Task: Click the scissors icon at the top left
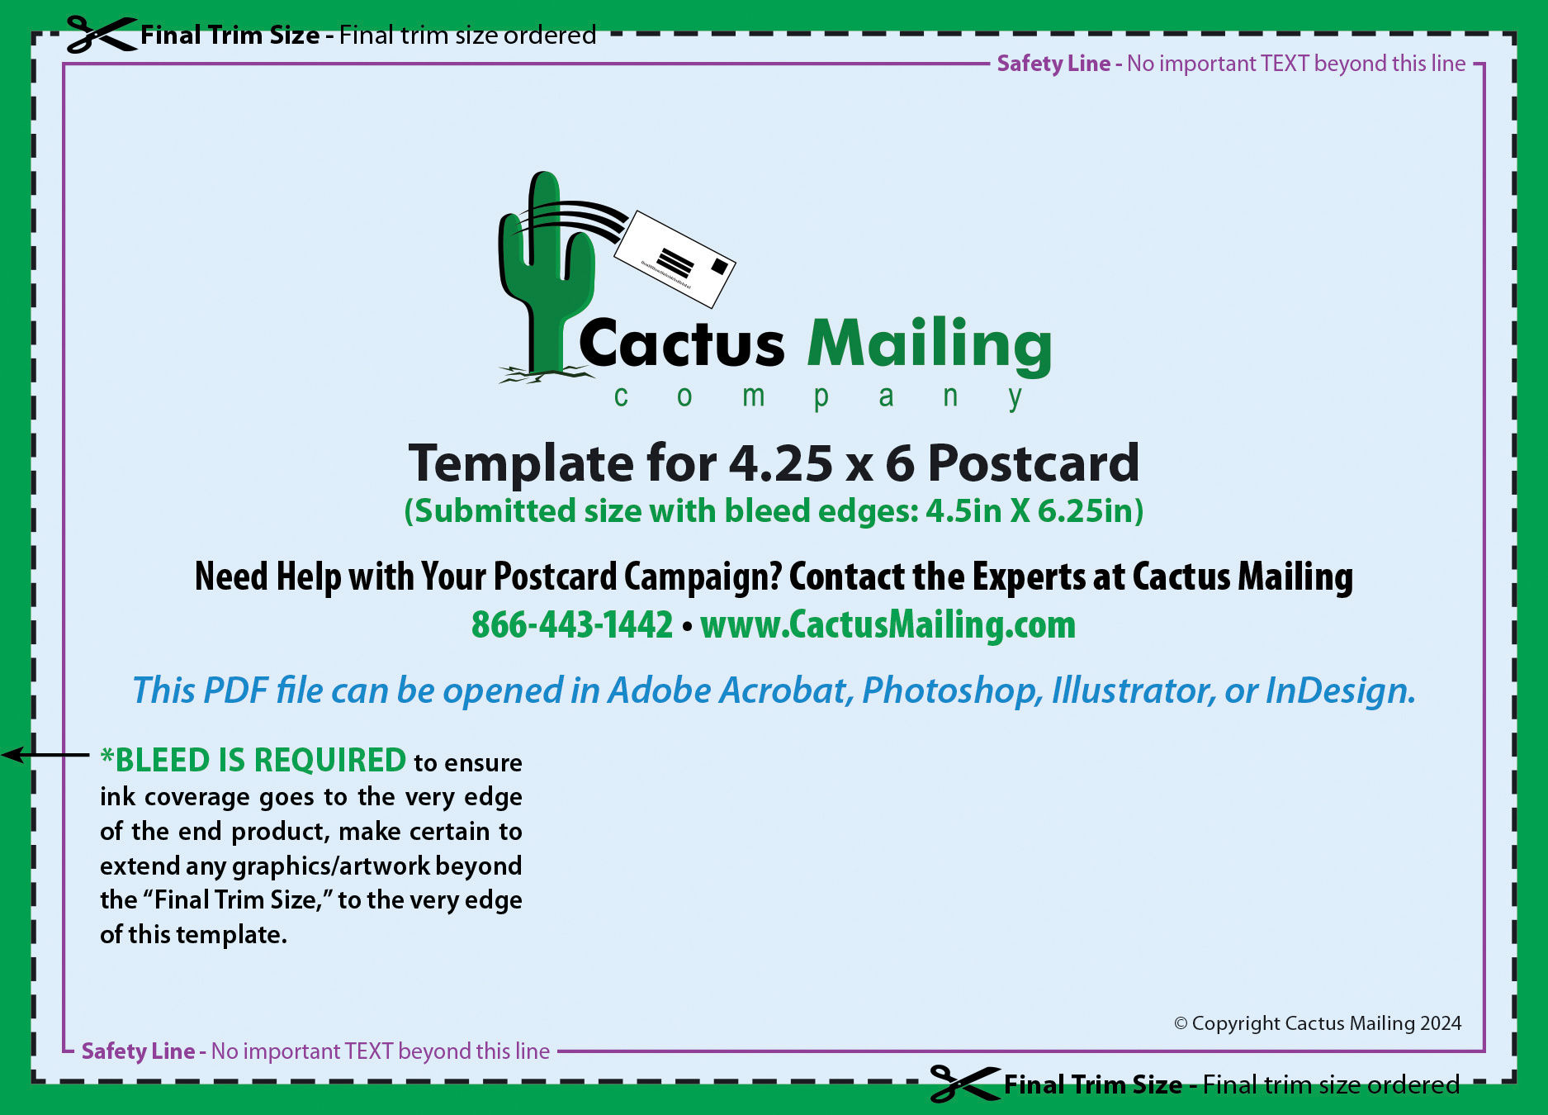pyautogui.click(x=102, y=35)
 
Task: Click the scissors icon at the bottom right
pyautogui.click(x=965, y=1084)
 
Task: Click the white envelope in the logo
pyautogui.click(x=675, y=259)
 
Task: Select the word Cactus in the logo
pyautogui.click(x=682, y=343)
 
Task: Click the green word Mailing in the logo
pyautogui.click(x=930, y=345)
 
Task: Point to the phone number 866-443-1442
pyautogui.click(x=572, y=624)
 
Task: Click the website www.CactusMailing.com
pyautogui.click(x=888, y=625)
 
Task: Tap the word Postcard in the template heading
pyautogui.click(x=1034, y=463)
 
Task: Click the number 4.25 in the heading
pyautogui.click(x=781, y=463)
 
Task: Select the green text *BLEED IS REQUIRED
pyautogui.click(x=253, y=760)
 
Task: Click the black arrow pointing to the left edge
pyautogui.click(x=45, y=755)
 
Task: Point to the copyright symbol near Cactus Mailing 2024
pyautogui.click(x=1181, y=1024)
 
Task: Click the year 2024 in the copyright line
pyautogui.click(x=1441, y=1023)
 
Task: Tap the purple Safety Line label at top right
pyautogui.click(x=1053, y=64)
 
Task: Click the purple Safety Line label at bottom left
pyautogui.click(x=138, y=1051)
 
